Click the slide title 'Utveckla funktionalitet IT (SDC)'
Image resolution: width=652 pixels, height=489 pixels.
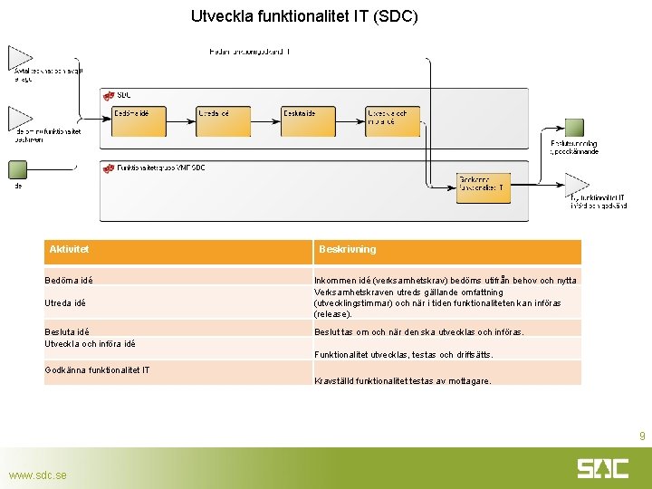[x=304, y=16]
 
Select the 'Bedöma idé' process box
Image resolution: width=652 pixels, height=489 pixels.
[x=139, y=121]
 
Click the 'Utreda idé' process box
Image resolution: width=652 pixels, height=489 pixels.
[x=224, y=121]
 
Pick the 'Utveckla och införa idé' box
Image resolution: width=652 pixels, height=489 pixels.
[x=393, y=121]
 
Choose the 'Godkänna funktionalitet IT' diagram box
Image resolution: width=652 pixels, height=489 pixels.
[x=484, y=187]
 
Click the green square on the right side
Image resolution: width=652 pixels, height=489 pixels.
[x=574, y=128]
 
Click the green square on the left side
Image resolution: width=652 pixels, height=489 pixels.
[x=17, y=169]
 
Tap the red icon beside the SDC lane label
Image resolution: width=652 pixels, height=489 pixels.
[x=108, y=95]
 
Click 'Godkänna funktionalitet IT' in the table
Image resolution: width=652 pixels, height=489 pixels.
[x=97, y=369]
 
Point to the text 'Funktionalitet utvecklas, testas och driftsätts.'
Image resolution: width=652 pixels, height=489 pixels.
[x=403, y=354]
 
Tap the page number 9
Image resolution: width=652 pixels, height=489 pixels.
[x=641, y=436]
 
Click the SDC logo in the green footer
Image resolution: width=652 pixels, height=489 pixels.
[x=603, y=468]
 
